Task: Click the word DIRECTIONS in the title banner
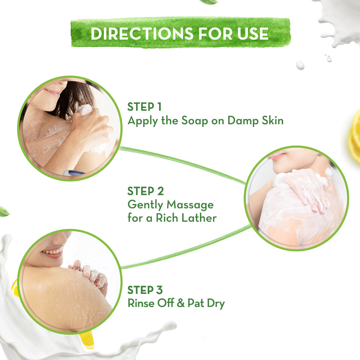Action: tap(141, 33)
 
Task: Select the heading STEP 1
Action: tap(144, 107)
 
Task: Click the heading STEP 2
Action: tap(145, 191)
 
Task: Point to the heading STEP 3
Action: tap(145, 290)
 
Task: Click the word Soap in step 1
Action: tap(195, 121)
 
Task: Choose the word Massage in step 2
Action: tap(190, 205)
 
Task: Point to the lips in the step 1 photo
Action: tap(53, 91)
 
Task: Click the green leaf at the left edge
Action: tap(4, 211)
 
